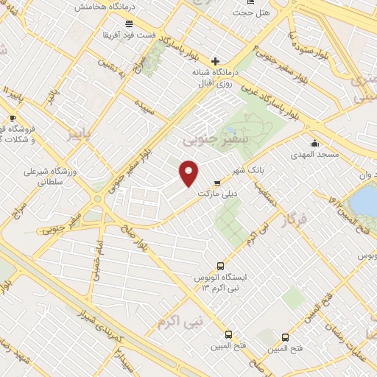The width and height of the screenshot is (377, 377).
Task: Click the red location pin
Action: tap(189, 173)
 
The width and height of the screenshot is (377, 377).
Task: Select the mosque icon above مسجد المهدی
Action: tap(315, 143)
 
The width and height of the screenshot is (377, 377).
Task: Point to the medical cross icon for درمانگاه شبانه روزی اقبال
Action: tap(214, 61)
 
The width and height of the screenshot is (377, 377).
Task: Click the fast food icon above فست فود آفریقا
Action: tap(129, 24)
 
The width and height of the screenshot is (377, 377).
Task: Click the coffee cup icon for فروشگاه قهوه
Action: tap(13, 117)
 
